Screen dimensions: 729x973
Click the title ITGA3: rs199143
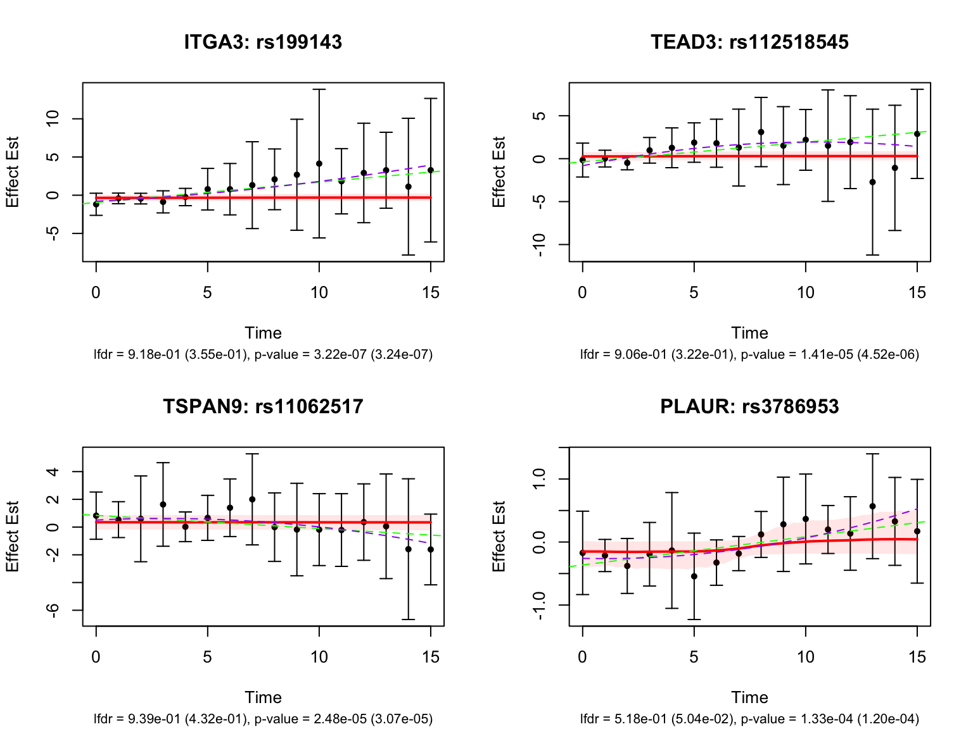coord(263,42)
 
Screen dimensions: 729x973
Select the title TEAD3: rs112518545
coord(749,42)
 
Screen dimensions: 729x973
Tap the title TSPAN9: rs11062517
coord(263,406)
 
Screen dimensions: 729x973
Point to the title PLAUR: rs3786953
coord(749,406)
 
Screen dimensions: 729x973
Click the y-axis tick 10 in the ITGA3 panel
coord(53,118)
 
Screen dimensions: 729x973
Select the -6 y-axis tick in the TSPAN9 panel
coord(53,610)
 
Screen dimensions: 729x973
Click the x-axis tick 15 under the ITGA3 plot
coord(431,292)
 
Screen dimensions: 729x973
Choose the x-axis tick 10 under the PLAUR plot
coord(805,657)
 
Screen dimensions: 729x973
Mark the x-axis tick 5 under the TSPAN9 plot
coord(207,657)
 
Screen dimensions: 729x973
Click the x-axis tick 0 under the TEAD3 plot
coord(582,292)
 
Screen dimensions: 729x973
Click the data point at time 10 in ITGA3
coord(319,164)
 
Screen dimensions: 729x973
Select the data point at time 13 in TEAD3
coord(872,182)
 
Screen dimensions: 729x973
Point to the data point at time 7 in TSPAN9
coord(252,499)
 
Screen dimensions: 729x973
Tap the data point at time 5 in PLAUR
coord(694,576)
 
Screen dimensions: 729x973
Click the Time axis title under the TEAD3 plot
coord(749,333)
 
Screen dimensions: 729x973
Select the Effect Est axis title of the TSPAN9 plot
coord(13,537)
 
